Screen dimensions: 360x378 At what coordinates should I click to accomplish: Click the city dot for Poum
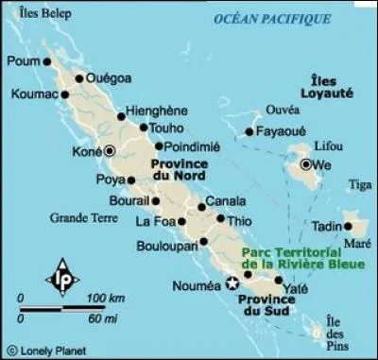(47, 61)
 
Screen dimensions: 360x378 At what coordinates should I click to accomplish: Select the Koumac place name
(35, 94)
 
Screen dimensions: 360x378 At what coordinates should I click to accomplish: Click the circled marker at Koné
(110, 150)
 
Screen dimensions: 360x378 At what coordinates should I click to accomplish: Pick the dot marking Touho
(144, 128)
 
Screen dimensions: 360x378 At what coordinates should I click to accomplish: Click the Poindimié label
(192, 146)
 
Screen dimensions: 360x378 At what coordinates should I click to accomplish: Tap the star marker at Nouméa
(232, 282)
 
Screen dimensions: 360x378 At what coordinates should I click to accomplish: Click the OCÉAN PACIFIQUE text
(273, 19)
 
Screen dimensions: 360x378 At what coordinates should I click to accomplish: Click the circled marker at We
(306, 165)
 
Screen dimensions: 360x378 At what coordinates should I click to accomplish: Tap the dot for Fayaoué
(249, 132)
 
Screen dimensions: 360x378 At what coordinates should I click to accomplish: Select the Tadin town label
(326, 228)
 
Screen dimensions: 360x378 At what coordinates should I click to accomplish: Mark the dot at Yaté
(278, 281)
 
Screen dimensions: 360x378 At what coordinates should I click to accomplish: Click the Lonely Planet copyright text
(43, 351)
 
